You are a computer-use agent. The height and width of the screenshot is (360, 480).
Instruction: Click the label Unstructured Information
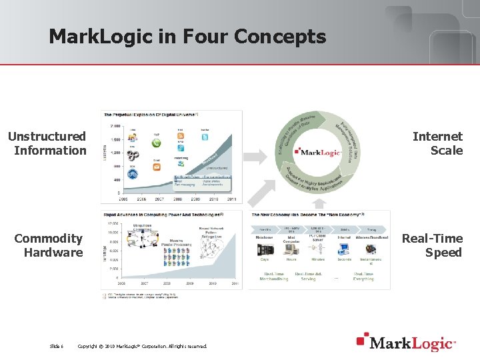point(47,143)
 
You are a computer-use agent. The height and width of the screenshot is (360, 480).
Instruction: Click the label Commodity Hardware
point(49,245)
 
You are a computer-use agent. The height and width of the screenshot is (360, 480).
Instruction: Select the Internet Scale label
point(437,143)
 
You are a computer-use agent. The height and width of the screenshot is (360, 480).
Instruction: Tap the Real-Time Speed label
point(431,245)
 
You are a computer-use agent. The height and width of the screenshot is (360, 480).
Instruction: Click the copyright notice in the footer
point(142,346)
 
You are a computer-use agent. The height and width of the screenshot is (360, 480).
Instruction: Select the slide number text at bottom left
point(57,346)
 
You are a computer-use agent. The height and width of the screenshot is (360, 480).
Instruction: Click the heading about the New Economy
point(307,215)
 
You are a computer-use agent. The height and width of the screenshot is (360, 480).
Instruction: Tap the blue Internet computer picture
point(344,249)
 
